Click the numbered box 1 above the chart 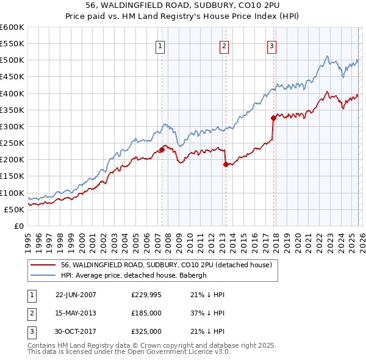click(x=160, y=45)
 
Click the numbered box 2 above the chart click(x=224, y=45)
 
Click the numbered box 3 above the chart click(x=271, y=45)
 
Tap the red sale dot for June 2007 click(x=162, y=149)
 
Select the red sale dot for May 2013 click(x=226, y=164)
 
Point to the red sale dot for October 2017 click(x=273, y=118)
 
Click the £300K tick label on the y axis click(x=12, y=127)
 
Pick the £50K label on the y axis click(x=13, y=209)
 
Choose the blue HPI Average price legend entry click(x=134, y=275)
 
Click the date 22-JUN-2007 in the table click(x=76, y=295)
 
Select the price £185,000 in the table click(x=146, y=313)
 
